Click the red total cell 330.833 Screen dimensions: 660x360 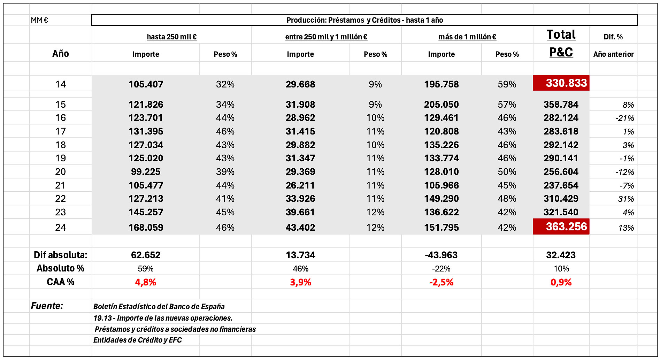tap(561, 83)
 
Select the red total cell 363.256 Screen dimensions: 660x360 tap(561, 227)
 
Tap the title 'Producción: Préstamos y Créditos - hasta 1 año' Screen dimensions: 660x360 tap(364, 20)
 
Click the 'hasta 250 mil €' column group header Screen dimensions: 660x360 tap(172, 37)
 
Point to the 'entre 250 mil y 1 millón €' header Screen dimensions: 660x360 tap(326, 37)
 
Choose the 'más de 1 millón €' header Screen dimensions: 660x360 tap(467, 37)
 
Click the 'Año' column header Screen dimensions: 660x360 tap(61, 53)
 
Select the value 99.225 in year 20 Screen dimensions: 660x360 tap(146, 172)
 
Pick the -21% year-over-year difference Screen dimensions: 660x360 tap(624, 118)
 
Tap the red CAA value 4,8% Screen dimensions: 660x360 tap(146, 282)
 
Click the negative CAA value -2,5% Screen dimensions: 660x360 tap(441, 282)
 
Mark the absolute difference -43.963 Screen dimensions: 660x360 tap(441, 255)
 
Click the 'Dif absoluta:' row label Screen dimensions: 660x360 tap(61, 255)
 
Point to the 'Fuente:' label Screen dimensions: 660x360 tap(47, 306)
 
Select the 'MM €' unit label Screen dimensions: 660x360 tap(39, 20)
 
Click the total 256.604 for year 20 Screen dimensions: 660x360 tap(561, 172)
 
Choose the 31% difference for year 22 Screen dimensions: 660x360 tap(626, 199)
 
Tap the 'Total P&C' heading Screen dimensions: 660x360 tap(561, 43)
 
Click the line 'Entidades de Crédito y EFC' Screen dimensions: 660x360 tap(138, 340)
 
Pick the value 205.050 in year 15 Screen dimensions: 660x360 tap(441, 105)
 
